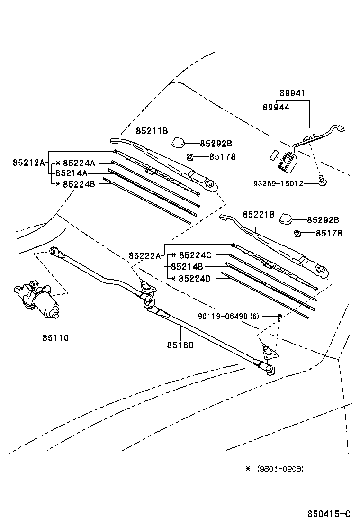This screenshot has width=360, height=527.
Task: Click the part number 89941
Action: tap(292, 94)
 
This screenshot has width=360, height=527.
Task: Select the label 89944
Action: tap(276, 108)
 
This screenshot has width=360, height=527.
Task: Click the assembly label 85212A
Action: tap(28, 163)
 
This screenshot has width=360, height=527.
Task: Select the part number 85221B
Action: tap(259, 214)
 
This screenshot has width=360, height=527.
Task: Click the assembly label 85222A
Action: tap(144, 255)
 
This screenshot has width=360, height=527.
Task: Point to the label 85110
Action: tap(55, 338)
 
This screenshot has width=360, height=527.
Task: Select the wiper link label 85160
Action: tap(180, 345)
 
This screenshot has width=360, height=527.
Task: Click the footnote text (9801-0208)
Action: tap(280, 469)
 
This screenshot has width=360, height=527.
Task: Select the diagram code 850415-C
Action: tap(329, 514)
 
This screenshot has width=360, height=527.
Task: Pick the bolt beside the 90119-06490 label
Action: tap(280, 316)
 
